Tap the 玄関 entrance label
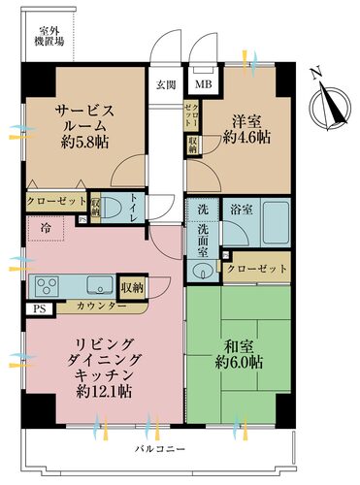pos(166,82)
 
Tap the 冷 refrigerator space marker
pos(47,227)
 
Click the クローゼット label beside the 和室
pos(256,268)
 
